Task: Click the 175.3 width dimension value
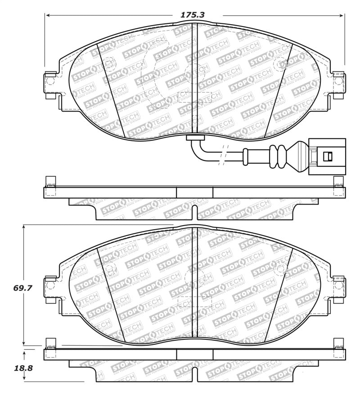(x=192, y=14)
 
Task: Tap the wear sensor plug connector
(x=327, y=156)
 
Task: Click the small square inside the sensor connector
(x=328, y=156)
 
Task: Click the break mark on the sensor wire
(x=222, y=156)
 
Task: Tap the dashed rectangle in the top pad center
(x=195, y=98)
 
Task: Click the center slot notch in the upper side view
(x=195, y=210)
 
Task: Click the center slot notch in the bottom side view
(x=195, y=372)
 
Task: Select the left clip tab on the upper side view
(x=51, y=182)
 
